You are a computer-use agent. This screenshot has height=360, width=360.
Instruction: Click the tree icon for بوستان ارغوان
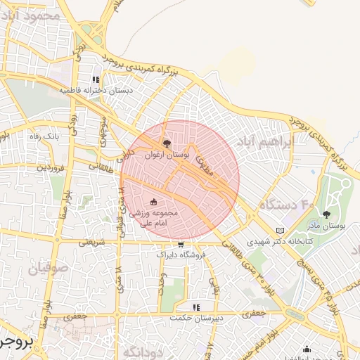pyautogui.click(x=166, y=144)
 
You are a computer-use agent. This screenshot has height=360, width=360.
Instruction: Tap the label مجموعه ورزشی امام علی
pyautogui.click(x=160, y=217)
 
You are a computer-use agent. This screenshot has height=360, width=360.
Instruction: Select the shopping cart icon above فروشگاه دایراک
pyautogui.click(x=181, y=244)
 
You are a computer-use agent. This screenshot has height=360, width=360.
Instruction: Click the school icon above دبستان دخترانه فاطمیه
pyautogui.click(x=97, y=80)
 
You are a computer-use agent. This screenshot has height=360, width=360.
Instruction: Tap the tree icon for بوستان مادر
pyautogui.click(x=326, y=214)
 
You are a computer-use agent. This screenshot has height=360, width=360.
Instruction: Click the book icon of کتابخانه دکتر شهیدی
pyautogui.click(x=281, y=230)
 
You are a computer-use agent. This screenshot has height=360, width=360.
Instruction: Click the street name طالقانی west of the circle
pyautogui.click(x=99, y=166)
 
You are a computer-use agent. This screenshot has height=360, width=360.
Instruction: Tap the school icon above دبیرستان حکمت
pyautogui.click(x=196, y=307)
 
